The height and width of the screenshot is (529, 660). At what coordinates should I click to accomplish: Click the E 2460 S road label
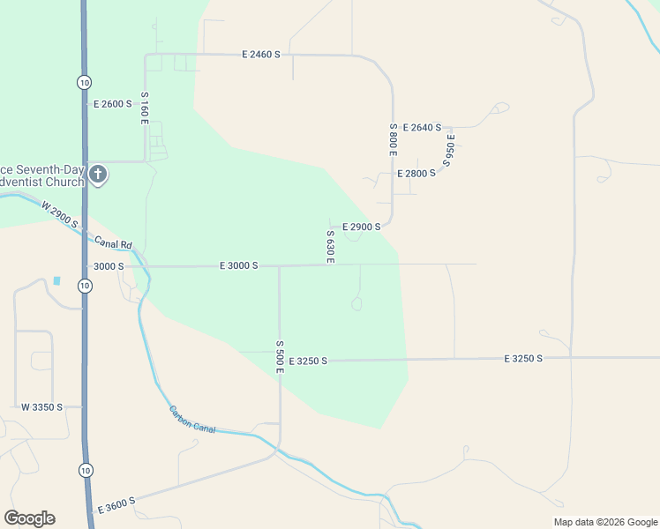tap(261, 55)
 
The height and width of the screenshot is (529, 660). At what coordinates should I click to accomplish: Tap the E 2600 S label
tap(113, 104)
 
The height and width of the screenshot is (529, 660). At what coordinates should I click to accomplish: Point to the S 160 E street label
tap(144, 108)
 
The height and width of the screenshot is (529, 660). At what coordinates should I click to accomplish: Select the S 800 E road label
tap(393, 139)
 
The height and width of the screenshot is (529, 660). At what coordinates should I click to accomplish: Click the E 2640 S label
tap(422, 128)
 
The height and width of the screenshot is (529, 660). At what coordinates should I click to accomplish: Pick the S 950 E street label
tap(450, 150)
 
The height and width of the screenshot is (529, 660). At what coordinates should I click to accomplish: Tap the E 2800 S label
tap(416, 174)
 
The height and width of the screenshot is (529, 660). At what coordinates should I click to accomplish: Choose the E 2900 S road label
tap(361, 227)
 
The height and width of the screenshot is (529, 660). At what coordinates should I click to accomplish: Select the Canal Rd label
tap(115, 244)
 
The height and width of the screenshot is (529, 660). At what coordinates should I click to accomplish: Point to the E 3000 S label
tap(238, 265)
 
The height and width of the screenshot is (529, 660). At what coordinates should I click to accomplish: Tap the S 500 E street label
tap(279, 357)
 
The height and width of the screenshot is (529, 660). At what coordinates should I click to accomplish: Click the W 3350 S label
tap(42, 407)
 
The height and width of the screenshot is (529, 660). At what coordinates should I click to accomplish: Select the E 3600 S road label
tap(116, 505)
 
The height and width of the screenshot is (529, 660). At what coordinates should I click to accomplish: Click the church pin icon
tap(97, 175)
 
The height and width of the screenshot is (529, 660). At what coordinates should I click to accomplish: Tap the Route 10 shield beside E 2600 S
tap(84, 82)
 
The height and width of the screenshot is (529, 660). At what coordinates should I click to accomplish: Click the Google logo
tap(29, 518)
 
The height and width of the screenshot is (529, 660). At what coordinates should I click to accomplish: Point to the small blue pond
tap(57, 280)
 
